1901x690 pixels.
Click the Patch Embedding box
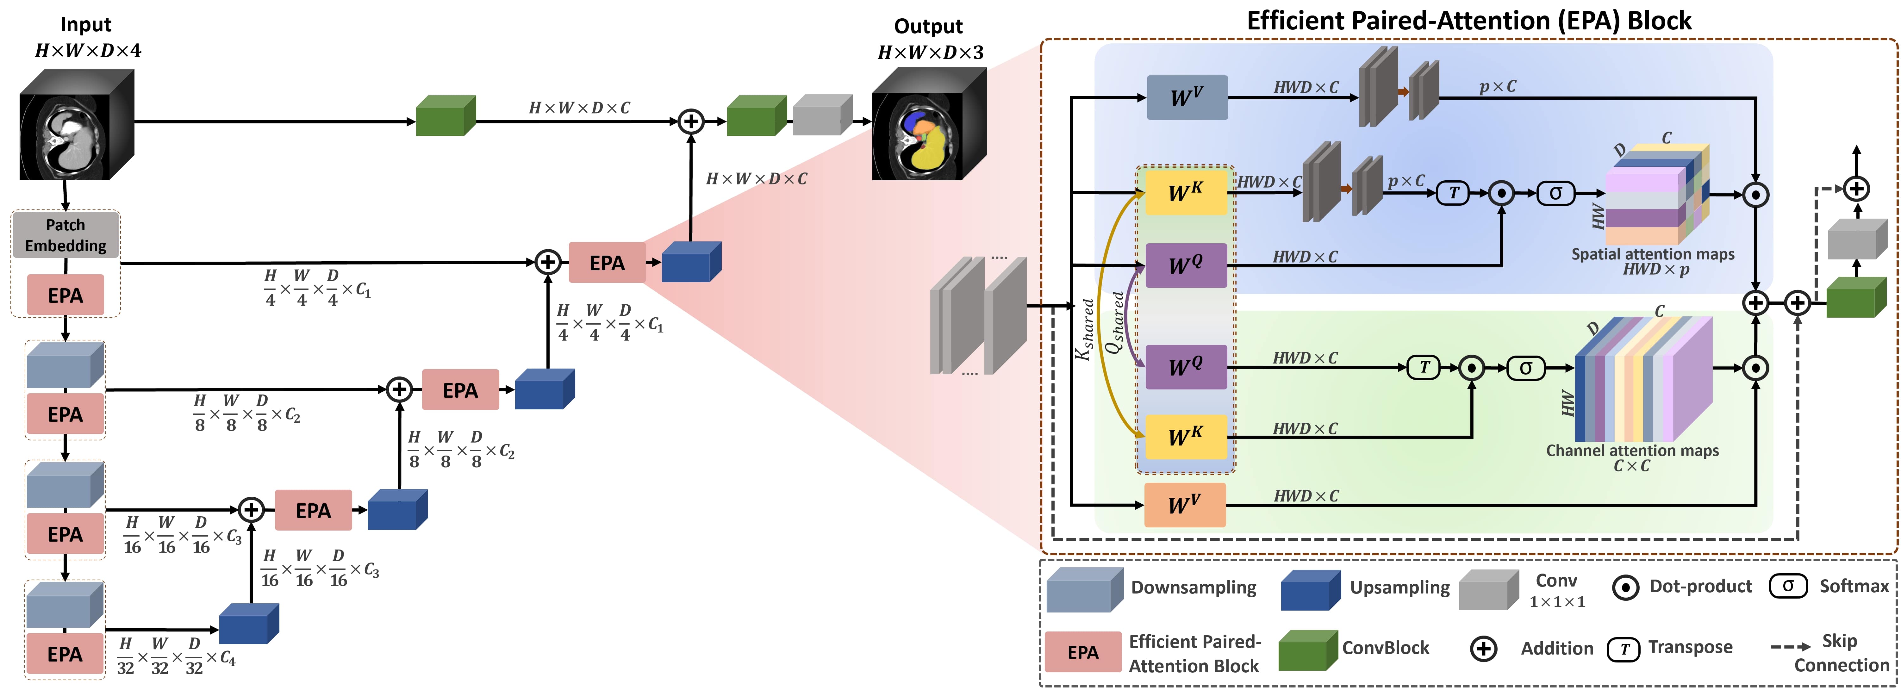pyautogui.click(x=66, y=235)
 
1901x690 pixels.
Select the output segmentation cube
pyautogui.click(x=928, y=126)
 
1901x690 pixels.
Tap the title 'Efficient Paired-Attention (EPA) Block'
pyautogui.click(x=1468, y=21)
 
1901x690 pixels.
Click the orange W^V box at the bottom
pyautogui.click(x=1184, y=506)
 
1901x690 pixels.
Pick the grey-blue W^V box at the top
pyautogui.click(x=1187, y=97)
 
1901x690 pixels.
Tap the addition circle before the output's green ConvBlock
pyautogui.click(x=691, y=121)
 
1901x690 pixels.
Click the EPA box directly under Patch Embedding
pyautogui.click(x=66, y=295)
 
